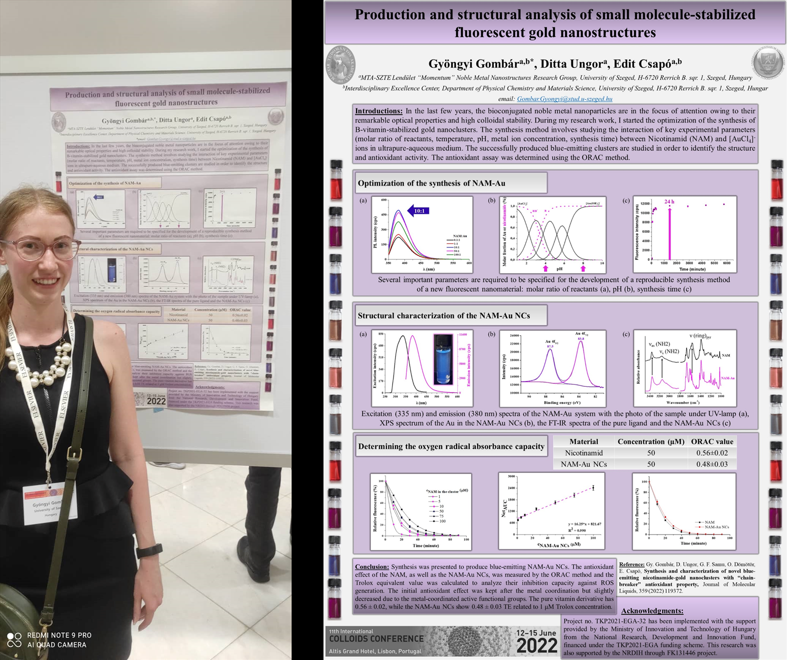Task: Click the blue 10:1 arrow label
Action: click(419, 211)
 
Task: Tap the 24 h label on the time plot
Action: click(669, 202)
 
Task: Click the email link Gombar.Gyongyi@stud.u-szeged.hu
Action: click(564, 99)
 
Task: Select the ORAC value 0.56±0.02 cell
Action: click(712, 453)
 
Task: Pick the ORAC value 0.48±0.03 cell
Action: click(712, 464)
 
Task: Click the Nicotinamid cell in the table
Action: click(583, 453)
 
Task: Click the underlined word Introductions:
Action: click(379, 111)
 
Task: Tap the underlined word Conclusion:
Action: click(372, 566)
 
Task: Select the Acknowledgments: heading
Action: click(652, 611)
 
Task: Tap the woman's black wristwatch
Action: click(150, 550)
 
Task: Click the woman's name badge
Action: click(49, 503)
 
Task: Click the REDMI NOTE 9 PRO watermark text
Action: click(59, 635)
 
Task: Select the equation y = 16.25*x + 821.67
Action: click(584, 524)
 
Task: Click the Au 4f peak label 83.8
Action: click(581, 339)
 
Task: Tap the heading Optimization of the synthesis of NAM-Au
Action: click(431, 183)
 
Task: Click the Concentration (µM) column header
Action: click(651, 441)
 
